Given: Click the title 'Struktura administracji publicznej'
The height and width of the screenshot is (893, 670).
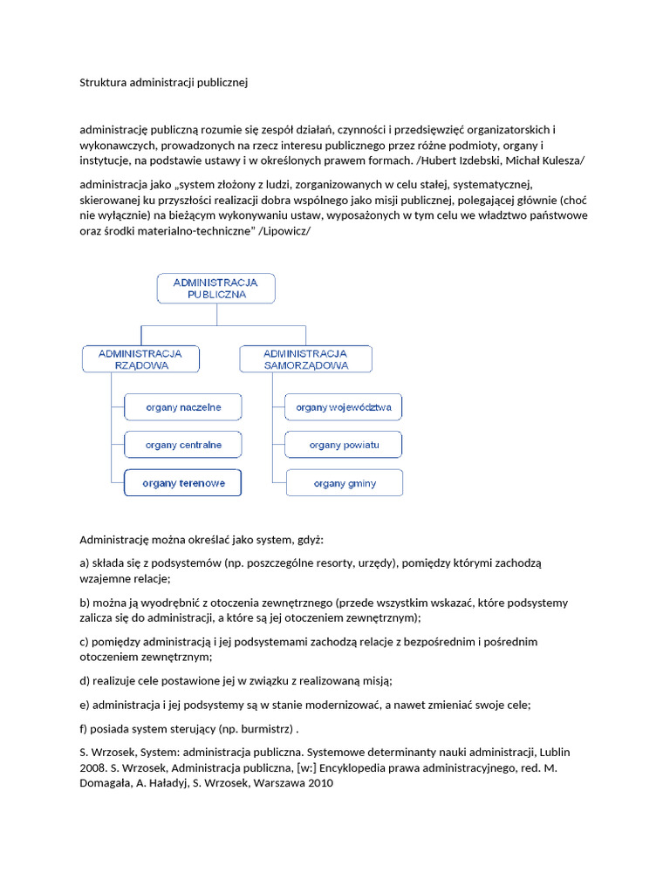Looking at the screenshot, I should click(x=164, y=84).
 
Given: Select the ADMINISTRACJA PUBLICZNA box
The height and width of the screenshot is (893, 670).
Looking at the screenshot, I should click(x=216, y=289).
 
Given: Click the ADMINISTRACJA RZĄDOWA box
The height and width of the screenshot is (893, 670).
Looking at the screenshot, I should click(x=140, y=359).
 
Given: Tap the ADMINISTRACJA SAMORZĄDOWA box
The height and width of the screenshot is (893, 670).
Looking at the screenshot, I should click(x=305, y=359).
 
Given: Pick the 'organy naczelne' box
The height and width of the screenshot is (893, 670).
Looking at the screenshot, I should click(x=183, y=407).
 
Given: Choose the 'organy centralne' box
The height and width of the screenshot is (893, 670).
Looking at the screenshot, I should click(x=183, y=445).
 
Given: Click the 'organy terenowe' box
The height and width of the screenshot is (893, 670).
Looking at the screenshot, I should click(x=183, y=482).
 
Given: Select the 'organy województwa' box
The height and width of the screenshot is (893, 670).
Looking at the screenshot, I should click(x=344, y=407).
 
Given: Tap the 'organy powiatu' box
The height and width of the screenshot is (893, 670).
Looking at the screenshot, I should click(x=344, y=445).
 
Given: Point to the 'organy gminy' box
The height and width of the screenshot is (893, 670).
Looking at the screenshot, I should click(x=344, y=482).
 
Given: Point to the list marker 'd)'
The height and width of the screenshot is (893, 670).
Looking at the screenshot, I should click(x=85, y=680).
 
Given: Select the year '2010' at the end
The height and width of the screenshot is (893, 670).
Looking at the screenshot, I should click(x=318, y=783).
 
